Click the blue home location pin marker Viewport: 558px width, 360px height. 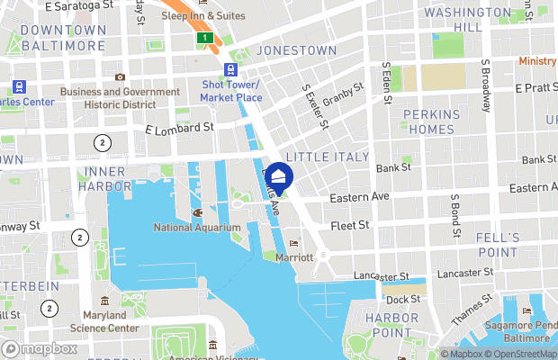pyautogui.click(x=279, y=177)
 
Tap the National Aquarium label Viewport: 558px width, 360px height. pyautogui.click(x=197, y=228)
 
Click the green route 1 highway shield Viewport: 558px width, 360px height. pyautogui.click(x=206, y=37)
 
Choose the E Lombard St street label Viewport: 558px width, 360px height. pyautogui.click(x=179, y=129)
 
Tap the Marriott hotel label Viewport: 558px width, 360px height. pyautogui.click(x=294, y=256)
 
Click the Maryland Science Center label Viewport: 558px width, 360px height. pyautogui.click(x=112, y=322)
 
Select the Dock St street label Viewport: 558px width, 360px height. pyautogui.click(x=402, y=299)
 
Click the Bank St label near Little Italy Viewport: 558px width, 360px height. pyautogui.click(x=393, y=168)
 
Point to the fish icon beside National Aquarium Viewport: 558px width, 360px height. pyautogui.click(x=197, y=213)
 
